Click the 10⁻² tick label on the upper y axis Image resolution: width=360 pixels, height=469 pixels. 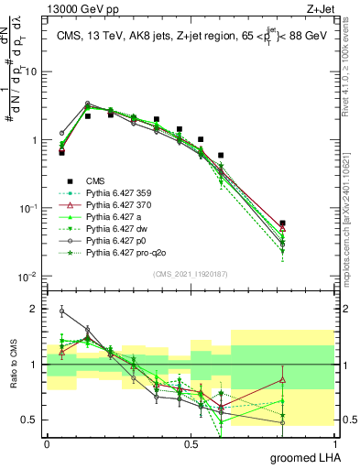tap(29, 277)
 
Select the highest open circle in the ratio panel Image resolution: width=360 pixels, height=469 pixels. tap(61, 311)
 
